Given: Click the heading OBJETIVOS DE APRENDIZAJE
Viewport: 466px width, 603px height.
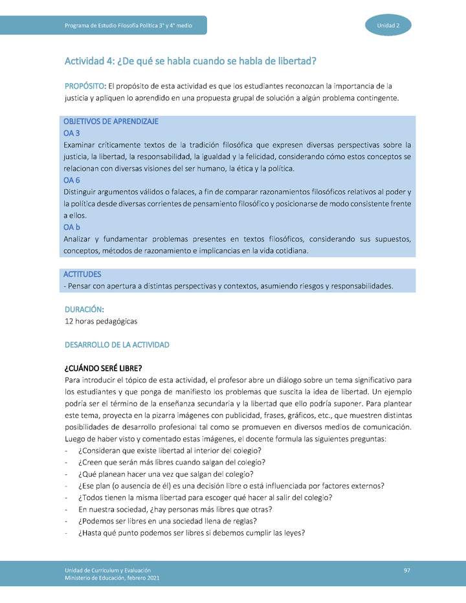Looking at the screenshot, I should click(111, 122).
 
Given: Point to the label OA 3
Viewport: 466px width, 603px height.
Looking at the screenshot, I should click(72, 133).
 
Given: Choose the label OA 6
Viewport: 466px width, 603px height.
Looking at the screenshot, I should click(72, 181).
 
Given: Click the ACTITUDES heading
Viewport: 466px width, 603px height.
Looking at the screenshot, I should click(82, 274).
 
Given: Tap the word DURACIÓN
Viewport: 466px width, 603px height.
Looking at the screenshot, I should click(84, 310).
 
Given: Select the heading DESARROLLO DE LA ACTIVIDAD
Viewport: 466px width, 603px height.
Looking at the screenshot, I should click(117, 345).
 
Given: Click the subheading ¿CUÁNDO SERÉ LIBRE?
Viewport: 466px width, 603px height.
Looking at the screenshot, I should click(104, 368).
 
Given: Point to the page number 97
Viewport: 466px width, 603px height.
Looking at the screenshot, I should click(407, 569).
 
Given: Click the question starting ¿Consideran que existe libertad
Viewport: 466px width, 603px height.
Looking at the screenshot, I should click(170, 450).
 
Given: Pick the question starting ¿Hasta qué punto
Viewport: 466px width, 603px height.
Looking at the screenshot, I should click(191, 533).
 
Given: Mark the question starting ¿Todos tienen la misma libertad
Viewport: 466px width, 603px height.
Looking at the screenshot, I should click(205, 498).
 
